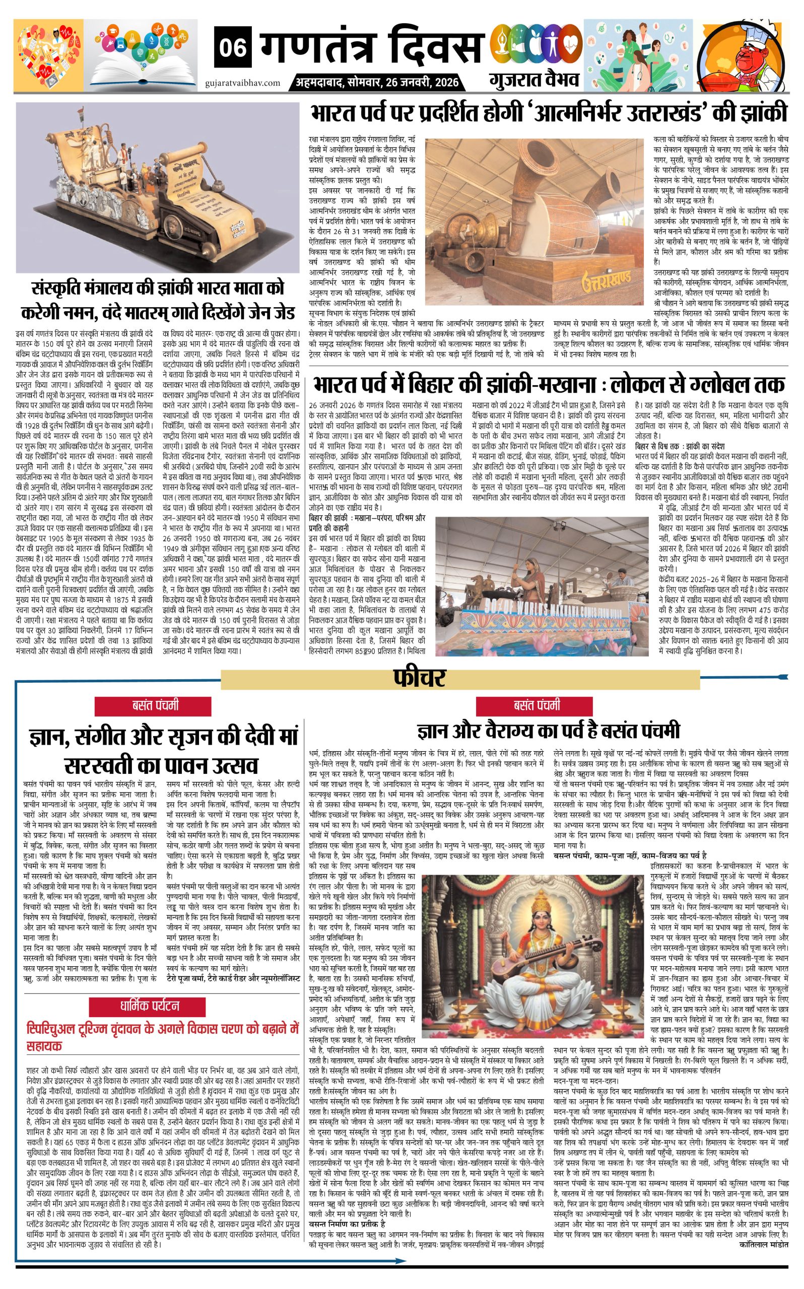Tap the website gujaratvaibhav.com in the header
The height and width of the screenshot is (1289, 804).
pos(242,83)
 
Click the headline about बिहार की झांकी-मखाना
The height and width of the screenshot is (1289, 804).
pos(548,384)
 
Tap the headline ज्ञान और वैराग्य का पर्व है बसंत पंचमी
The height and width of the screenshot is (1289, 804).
pos(548,730)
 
